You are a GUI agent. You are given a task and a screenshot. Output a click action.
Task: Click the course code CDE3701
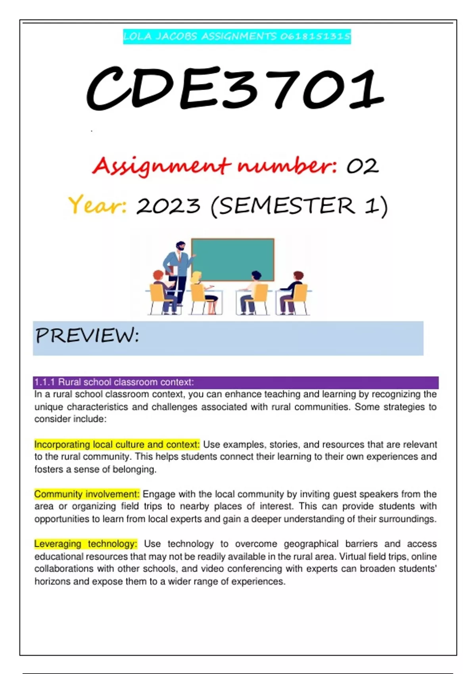pyautogui.click(x=235, y=89)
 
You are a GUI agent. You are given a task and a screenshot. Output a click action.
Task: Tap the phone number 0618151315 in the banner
pyautogui.click(x=315, y=37)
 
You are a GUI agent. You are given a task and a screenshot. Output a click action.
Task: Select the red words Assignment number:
pyautogui.click(x=215, y=166)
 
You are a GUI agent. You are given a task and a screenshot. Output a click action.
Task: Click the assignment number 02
pyautogui.click(x=363, y=166)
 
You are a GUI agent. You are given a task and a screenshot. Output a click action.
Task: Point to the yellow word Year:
pyautogui.click(x=98, y=205)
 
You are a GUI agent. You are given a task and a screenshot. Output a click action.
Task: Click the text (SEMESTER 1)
pyautogui.click(x=299, y=206)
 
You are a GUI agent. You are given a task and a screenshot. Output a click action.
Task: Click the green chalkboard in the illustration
pyautogui.click(x=233, y=259)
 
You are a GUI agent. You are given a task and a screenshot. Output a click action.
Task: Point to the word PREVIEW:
pyautogui.click(x=88, y=335)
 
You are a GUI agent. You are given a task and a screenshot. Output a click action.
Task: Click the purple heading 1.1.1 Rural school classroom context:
pyautogui.click(x=114, y=382)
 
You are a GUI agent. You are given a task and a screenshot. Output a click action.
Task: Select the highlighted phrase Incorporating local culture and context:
pyautogui.click(x=117, y=444)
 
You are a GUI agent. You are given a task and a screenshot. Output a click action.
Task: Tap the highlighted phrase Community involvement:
pyautogui.click(x=87, y=494)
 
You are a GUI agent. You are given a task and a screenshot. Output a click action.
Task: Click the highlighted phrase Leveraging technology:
pyautogui.click(x=86, y=544)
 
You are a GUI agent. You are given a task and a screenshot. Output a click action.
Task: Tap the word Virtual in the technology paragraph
pyautogui.click(x=352, y=557)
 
